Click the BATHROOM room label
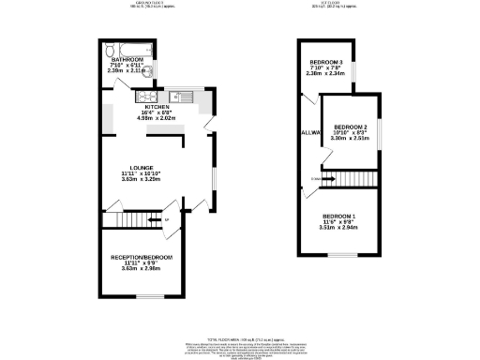coord(128,59)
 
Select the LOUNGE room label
coord(142,167)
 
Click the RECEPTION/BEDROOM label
coord(142,257)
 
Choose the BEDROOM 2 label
coord(350,126)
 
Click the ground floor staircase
coord(131,220)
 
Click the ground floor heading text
coord(151,4)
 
